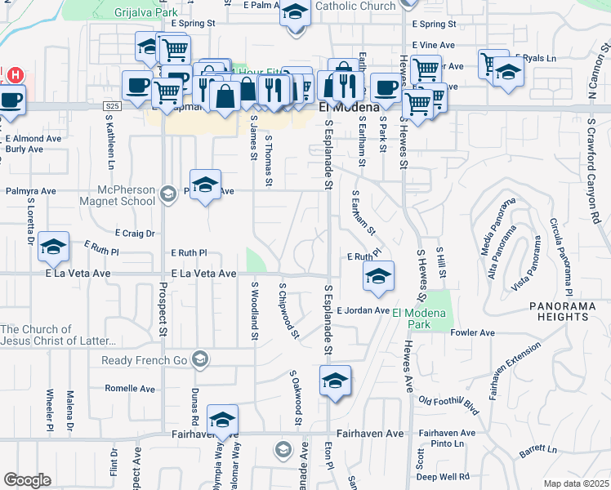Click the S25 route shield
(x=112, y=106)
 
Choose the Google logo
(x=27, y=480)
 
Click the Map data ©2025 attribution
(x=575, y=483)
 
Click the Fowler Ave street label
(x=473, y=333)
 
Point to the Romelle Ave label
(x=130, y=389)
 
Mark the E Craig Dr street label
(x=135, y=234)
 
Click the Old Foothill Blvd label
(x=448, y=401)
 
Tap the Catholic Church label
(x=355, y=6)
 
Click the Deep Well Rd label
(x=443, y=476)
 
